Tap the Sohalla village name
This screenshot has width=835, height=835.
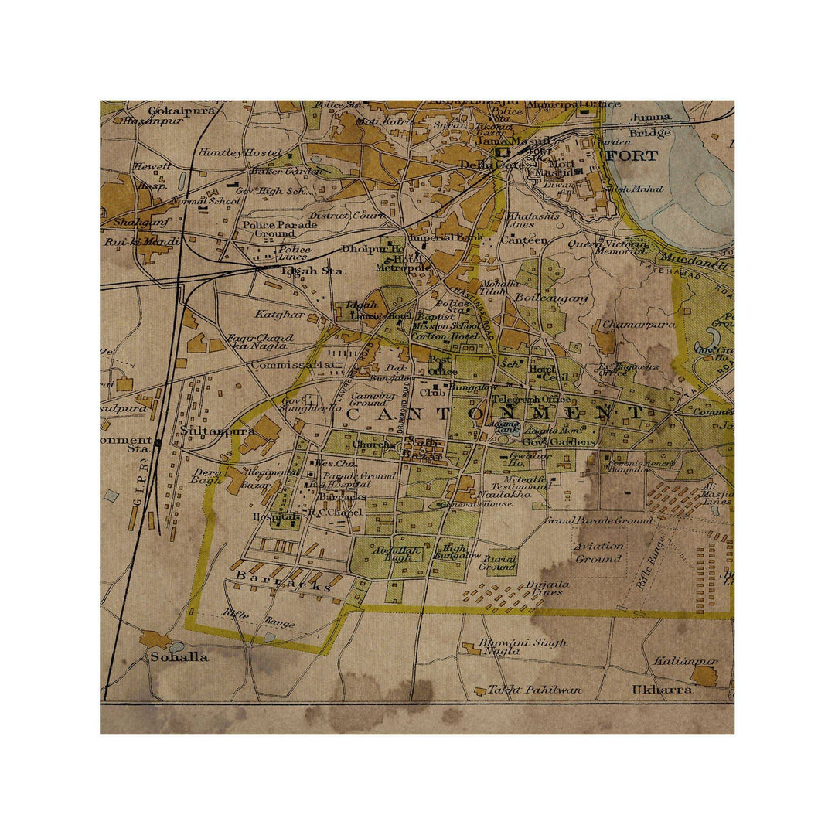[x=179, y=657]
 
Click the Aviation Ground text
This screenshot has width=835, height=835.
[x=598, y=552]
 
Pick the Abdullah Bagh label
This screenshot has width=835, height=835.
[x=397, y=554]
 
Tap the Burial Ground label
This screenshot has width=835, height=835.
[x=497, y=561]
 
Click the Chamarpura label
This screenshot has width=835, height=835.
[x=639, y=324]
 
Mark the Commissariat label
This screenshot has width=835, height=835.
[x=294, y=364]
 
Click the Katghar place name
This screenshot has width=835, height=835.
[x=279, y=314]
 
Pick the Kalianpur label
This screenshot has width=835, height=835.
[x=685, y=661]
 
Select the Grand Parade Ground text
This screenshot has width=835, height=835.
[x=609, y=520]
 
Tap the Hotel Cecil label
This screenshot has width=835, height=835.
[x=549, y=373]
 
